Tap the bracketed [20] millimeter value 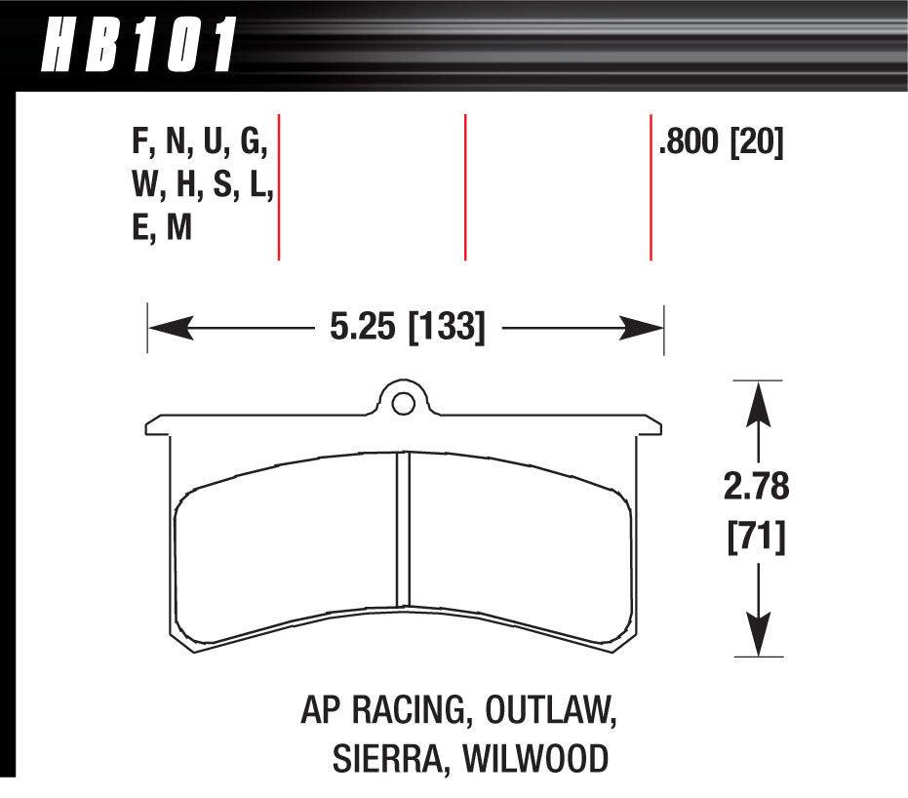758,144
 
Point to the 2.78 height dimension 757,487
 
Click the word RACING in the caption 406,711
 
